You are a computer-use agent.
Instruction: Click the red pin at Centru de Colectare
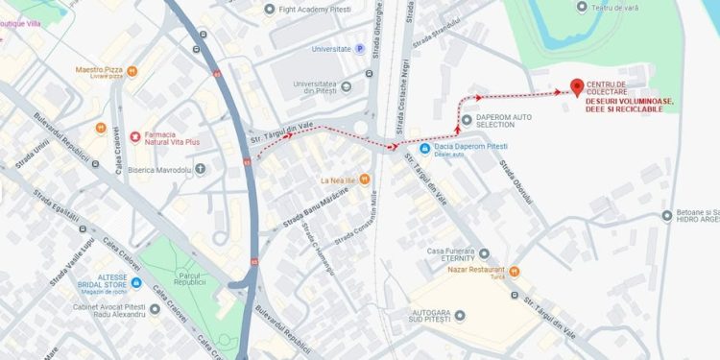tap(577, 87)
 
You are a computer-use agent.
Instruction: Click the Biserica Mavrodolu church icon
tap(200, 169)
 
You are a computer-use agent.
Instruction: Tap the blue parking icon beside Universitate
tap(360, 48)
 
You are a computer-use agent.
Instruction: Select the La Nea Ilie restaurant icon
tap(364, 180)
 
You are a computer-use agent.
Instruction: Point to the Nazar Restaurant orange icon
tap(514, 271)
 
